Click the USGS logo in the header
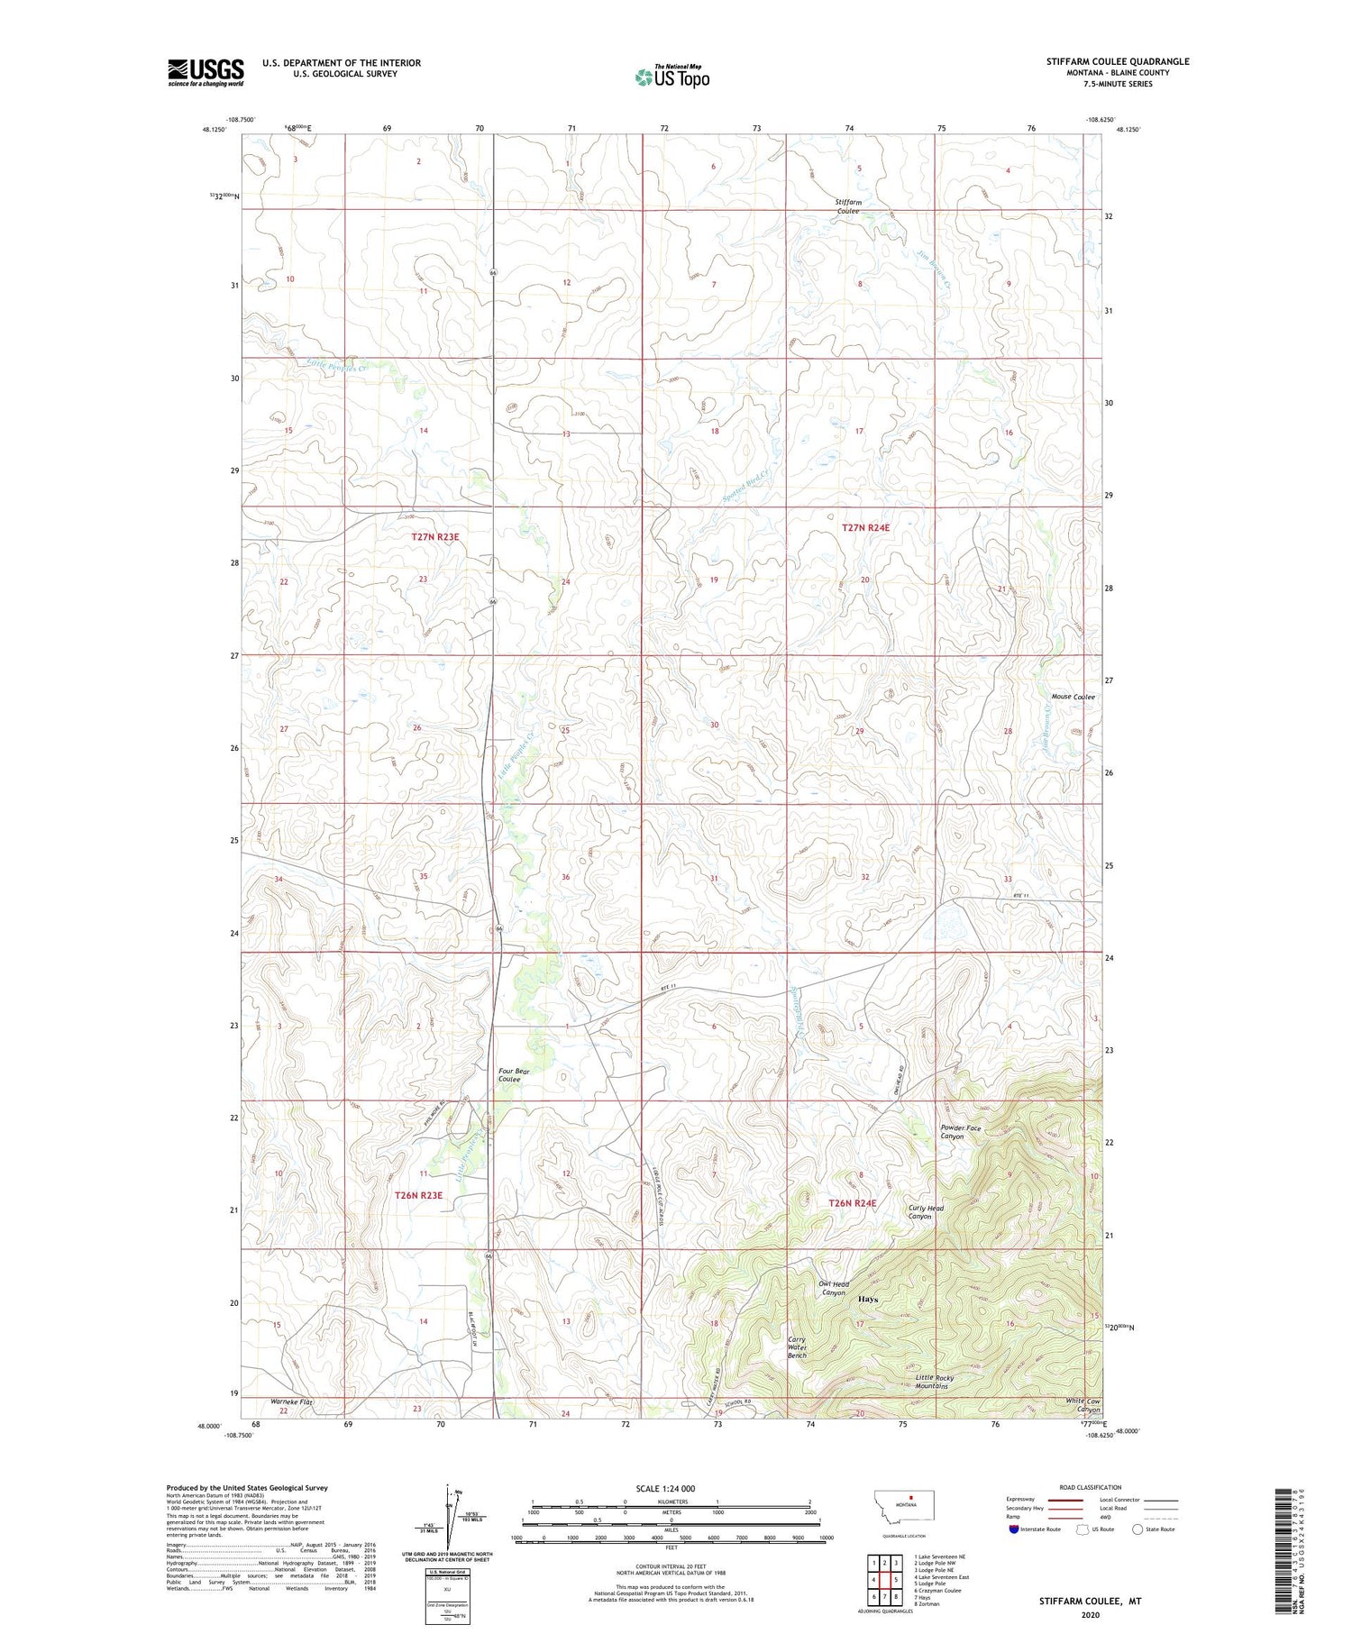pyautogui.click(x=206, y=72)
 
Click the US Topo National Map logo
pyautogui.click(x=671, y=77)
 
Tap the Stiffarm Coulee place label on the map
pyautogui.click(x=847, y=206)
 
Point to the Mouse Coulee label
pyautogui.click(x=1073, y=697)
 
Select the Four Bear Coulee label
pyautogui.click(x=515, y=1075)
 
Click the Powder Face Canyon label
pyautogui.click(x=960, y=1132)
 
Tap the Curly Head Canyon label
pyautogui.click(x=926, y=1212)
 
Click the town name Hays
pyautogui.click(x=868, y=1300)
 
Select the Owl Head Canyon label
pyautogui.click(x=834, y=1289)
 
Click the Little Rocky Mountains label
pyautogui.click(x=934, y=1382)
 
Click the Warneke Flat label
pyautogui.click(x=291, y=1402)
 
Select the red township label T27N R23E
pyautogui.click(x=429, y=536)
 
